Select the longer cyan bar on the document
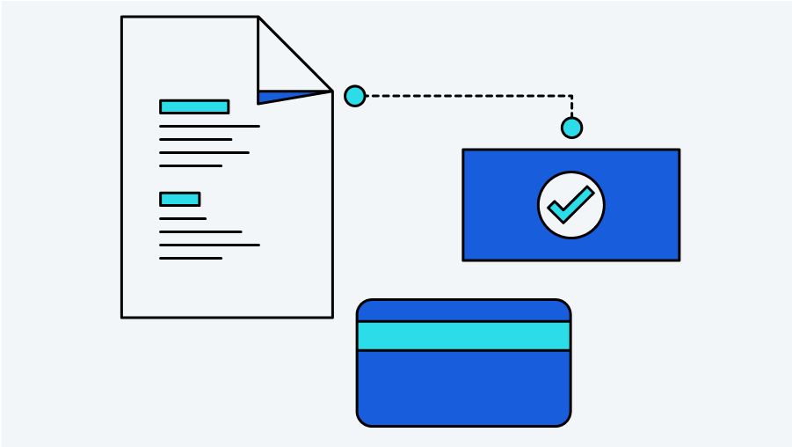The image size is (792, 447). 194,106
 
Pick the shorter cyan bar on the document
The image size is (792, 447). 179,199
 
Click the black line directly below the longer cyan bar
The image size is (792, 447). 209,127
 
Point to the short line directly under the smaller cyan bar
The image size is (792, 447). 182,218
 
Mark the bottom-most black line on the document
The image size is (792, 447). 191,258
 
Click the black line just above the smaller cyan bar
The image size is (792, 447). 191,165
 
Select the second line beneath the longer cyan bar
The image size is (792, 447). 195,139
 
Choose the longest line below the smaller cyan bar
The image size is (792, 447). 209,245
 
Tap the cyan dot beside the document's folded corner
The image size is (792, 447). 354,96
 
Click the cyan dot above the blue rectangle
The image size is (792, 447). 571,128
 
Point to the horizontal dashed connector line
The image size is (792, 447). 466,96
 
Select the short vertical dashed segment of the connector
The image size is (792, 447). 571,106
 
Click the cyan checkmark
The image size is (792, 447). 570,206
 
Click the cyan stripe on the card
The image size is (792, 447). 463,336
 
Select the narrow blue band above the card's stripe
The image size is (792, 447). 463,311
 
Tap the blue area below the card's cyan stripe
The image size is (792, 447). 463,387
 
